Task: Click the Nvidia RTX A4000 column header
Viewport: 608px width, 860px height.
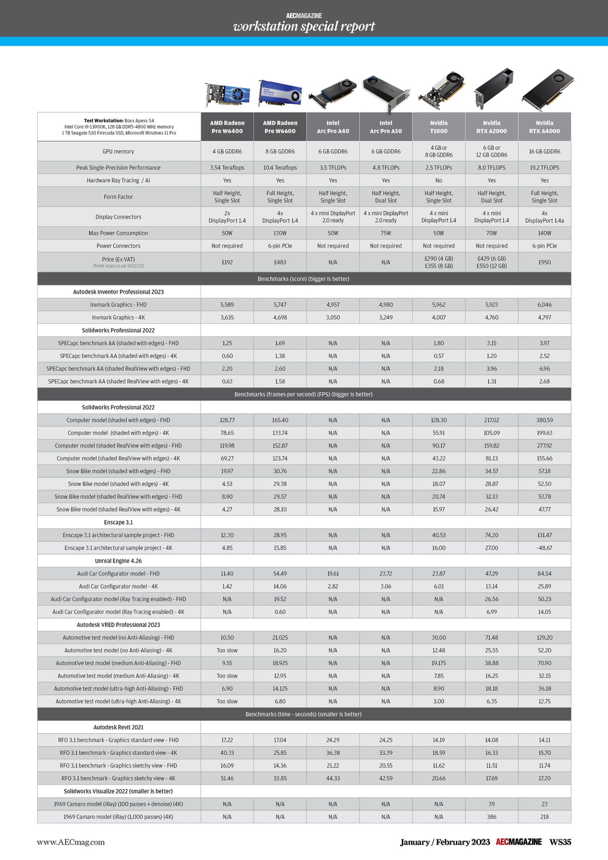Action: tap(544, 127)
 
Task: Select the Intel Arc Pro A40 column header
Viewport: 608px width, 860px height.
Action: tap(333, 127)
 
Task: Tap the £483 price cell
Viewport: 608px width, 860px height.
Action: tap(280, 262)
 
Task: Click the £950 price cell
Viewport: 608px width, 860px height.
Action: tap(544, 262)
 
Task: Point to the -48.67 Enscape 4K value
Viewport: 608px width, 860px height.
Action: tap(544, 548)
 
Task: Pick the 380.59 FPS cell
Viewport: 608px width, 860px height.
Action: tap(544, 420)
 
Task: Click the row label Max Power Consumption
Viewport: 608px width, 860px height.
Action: tap(118, 233)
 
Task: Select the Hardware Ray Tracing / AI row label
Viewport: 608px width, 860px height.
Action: tap(118, 181)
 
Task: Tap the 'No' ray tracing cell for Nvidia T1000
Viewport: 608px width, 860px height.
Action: tap(438, 181)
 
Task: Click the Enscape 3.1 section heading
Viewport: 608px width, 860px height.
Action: tap(118, 522)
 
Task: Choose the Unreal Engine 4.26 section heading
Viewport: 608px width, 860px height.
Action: tap(118, 561)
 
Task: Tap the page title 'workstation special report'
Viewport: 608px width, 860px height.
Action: tap(304, 26)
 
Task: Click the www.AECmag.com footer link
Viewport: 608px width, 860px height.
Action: tap(71, 842)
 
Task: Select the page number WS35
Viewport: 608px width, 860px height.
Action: tap(560, 842)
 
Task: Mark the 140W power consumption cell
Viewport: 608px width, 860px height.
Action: tap(544, 233)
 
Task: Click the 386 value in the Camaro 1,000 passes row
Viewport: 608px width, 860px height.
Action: tap(491, 817)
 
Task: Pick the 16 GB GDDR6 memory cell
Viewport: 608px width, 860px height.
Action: tap(544, 152)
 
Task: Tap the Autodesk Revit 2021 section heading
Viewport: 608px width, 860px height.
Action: tap(118, 727)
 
